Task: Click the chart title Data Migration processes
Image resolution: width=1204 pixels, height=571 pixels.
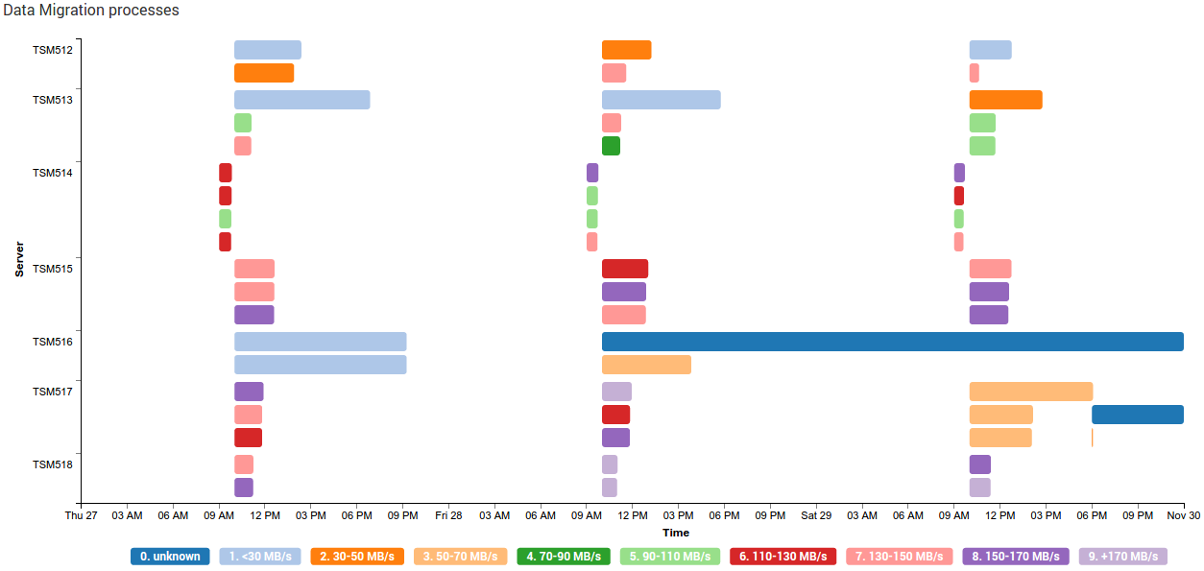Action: tap(91, 11)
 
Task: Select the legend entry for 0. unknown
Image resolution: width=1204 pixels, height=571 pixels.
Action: tap(170, 557)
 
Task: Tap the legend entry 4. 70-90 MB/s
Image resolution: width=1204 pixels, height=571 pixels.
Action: tap(563, 557)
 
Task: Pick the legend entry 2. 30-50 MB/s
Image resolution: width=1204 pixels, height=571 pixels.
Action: tap(358, 557)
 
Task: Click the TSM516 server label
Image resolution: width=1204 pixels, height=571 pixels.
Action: tap(52, 342)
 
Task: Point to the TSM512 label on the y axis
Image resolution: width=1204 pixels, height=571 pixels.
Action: tap(52, 50)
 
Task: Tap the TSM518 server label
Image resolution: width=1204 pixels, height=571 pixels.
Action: tap(52, 464)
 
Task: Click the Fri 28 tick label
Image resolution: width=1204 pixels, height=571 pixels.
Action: tap(448, 515)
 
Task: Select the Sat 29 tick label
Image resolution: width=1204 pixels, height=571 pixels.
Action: tap(816, 515)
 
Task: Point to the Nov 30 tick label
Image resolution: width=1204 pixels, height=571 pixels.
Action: tap(1183, 515)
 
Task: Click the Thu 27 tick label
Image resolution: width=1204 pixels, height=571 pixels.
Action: tap(82, 515)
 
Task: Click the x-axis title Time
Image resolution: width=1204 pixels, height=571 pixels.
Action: tap(675, 533)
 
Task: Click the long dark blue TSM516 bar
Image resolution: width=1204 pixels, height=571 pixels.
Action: tap(892, 342)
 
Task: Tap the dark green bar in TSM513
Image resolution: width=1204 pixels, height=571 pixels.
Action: tap(611, 146)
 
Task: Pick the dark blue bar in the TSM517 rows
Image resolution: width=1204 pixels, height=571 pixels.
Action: tap(1137, 415)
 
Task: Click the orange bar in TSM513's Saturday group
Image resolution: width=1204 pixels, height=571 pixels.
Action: tap(1005, 100)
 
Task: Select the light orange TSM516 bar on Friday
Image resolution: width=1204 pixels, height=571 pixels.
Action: tap(646, 365)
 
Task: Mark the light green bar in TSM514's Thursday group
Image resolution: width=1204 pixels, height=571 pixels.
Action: tap(225, 219)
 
